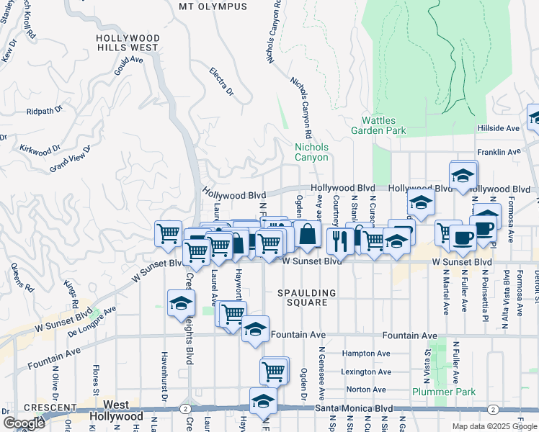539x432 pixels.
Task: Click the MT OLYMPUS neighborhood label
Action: coord(213,6)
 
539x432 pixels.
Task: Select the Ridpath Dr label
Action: coord(45,112)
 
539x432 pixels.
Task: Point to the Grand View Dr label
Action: coord(71,159)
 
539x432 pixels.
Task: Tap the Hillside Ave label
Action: coord(498,128)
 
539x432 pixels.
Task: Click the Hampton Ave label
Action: coord(366,354)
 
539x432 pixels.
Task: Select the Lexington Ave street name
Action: coord(366,372)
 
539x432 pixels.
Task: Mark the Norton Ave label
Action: coord(367,390)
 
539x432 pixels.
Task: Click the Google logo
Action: coord(24,423)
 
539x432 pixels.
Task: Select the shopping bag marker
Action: coord(308,235)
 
